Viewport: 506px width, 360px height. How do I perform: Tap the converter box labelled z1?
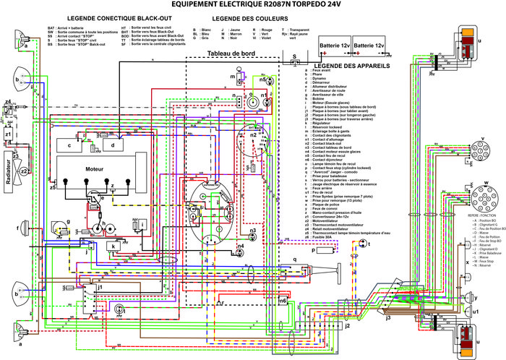click(x=9, y=135)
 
